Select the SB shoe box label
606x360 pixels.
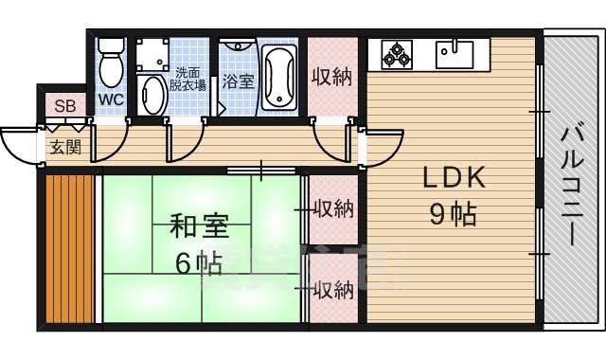65,104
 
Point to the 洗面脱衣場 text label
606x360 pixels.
189,79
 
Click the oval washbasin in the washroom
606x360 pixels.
151,95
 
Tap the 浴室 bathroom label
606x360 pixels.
238,82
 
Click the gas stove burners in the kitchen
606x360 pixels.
397,54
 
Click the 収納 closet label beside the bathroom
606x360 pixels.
333,76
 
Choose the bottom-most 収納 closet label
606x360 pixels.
333,289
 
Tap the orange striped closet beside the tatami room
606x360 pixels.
71,248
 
